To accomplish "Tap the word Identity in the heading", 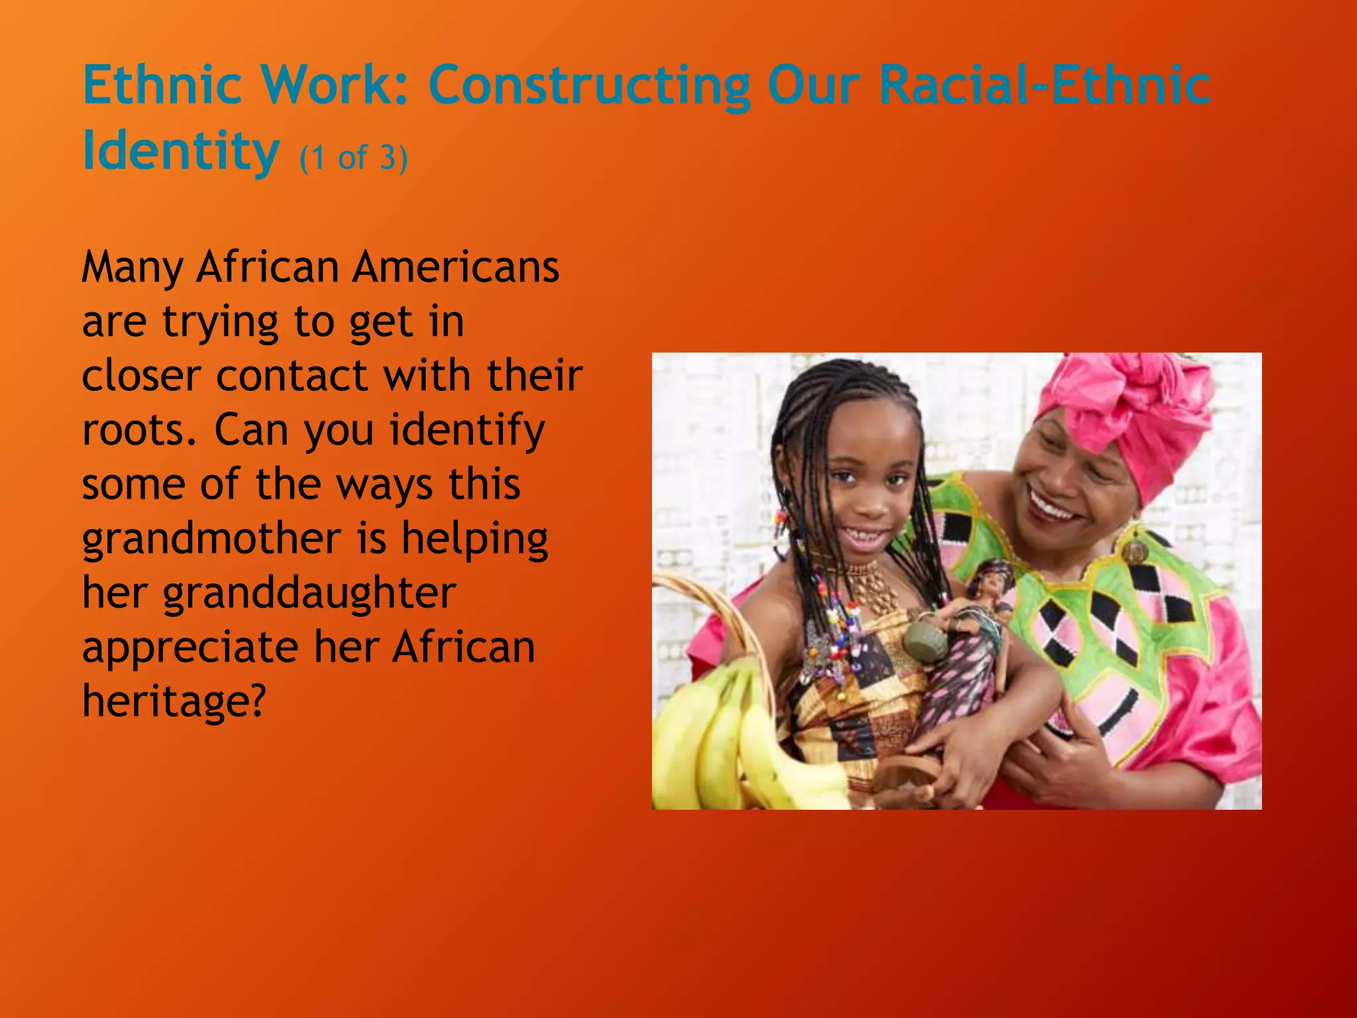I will coord(180,151).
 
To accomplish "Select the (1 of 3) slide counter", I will coord(353,158).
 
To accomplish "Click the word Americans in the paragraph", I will coord(456,267).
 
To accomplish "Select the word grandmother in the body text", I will coord(211,538).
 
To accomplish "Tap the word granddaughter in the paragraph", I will coord(309,593).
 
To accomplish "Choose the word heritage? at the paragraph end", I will coord(174,701).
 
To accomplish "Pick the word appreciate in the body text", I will coord(190,648).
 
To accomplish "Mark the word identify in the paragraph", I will coord(467,431).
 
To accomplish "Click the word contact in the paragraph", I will coord(292,376).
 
